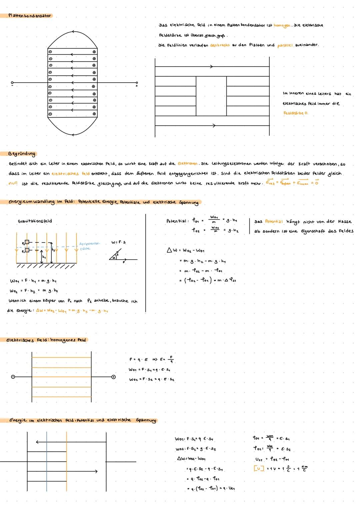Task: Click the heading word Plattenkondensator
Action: pos(30,16)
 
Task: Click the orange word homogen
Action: pos(282,26)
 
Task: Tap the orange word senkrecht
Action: pos(220,45)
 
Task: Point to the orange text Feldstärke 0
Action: pos(296,113)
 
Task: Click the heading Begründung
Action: pos(23,154)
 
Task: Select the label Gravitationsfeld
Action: pos(35,221)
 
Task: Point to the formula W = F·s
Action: pos(119,242)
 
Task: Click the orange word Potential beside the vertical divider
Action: pos(274,222)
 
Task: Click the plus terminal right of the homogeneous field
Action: pos(114,377)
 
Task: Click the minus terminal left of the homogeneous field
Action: pos(13,377)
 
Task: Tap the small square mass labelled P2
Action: pos(27,242)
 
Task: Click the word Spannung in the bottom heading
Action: pos(146,420)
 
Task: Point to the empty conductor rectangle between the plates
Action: pos(211,96)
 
